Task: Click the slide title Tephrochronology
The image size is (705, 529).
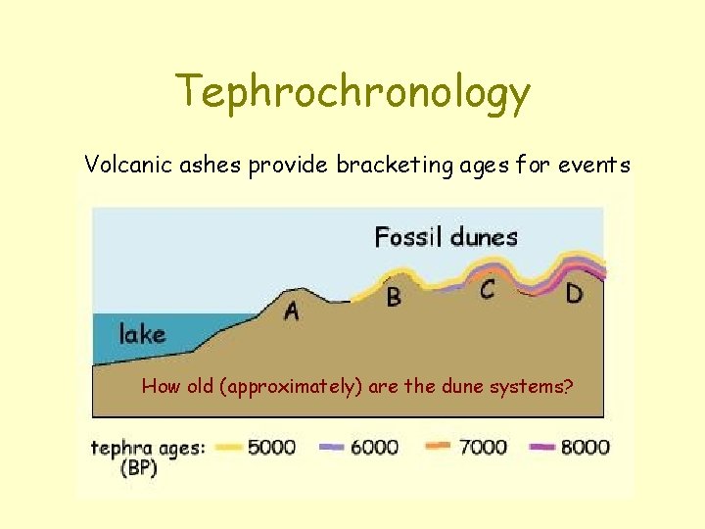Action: (x=352, y=93)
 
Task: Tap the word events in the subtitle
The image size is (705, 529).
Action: (x=594, y=165)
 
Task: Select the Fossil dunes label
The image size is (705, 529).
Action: (x=446, y=236)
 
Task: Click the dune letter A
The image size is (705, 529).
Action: (x=291, y=312)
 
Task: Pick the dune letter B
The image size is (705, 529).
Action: (x=394, y=296)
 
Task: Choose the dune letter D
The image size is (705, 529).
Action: (x=575, y=293)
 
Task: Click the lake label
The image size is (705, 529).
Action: (x=142, y=334)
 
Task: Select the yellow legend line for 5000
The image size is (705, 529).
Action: (x=227, y=446)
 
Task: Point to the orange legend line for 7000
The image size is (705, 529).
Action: (x=439, y=446)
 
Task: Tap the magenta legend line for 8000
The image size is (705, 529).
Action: (x=542, y=446)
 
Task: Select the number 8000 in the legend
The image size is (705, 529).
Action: (x=585, y=447)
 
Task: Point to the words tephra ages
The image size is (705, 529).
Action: (x=148, y=448)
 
